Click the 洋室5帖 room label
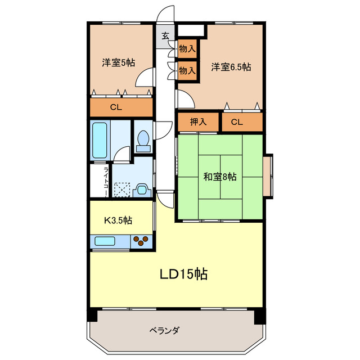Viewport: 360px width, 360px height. (x=118, y=63)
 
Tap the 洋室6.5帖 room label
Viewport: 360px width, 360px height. (x=231, y=67)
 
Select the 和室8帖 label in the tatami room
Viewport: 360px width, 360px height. (x=220, y=177)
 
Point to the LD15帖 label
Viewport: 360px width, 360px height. (x=183, y=274)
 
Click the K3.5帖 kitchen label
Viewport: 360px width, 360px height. (x=118, y=221)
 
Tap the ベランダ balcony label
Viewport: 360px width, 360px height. (x=164, y=330)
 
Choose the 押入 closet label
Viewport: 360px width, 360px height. (x=198, y=121)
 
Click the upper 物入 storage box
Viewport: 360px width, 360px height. (x=187, y=49)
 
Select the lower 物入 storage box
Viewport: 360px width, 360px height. (x=187, y=71)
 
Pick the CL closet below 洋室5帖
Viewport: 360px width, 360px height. (x=115, y=107)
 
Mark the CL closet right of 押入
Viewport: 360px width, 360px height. (x=237, y=121)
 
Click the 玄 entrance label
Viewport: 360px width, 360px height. (x=165, y=36)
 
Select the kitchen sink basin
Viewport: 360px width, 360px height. (x=105, y=241)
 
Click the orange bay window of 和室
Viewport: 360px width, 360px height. (x=268, y=175)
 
